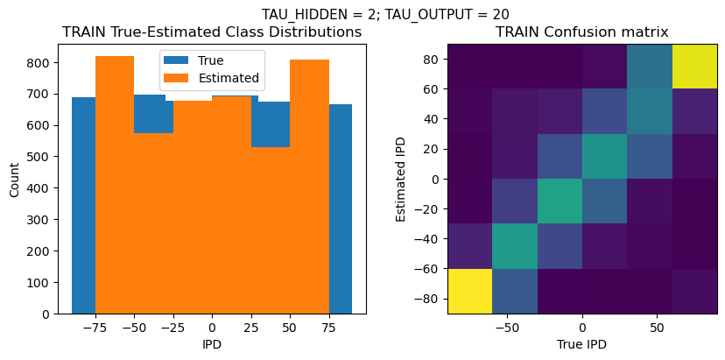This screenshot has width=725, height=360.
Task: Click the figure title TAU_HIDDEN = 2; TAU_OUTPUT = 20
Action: (x=385, y=14)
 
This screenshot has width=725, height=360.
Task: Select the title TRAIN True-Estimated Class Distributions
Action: (x=212, y=32)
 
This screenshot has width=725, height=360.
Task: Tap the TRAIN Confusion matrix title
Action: (x=582, y=32)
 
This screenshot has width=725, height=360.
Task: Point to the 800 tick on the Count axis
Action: (x=42, y=63)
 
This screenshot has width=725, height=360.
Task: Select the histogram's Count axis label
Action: (x=14, y=180)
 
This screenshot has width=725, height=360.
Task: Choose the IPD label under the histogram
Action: (x=212, y=344)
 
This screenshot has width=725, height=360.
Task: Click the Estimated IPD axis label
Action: (x=402, y=179)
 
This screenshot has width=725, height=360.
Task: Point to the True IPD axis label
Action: (x=582, y=344)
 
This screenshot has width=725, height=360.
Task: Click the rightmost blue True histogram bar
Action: (x=341, y=209)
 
